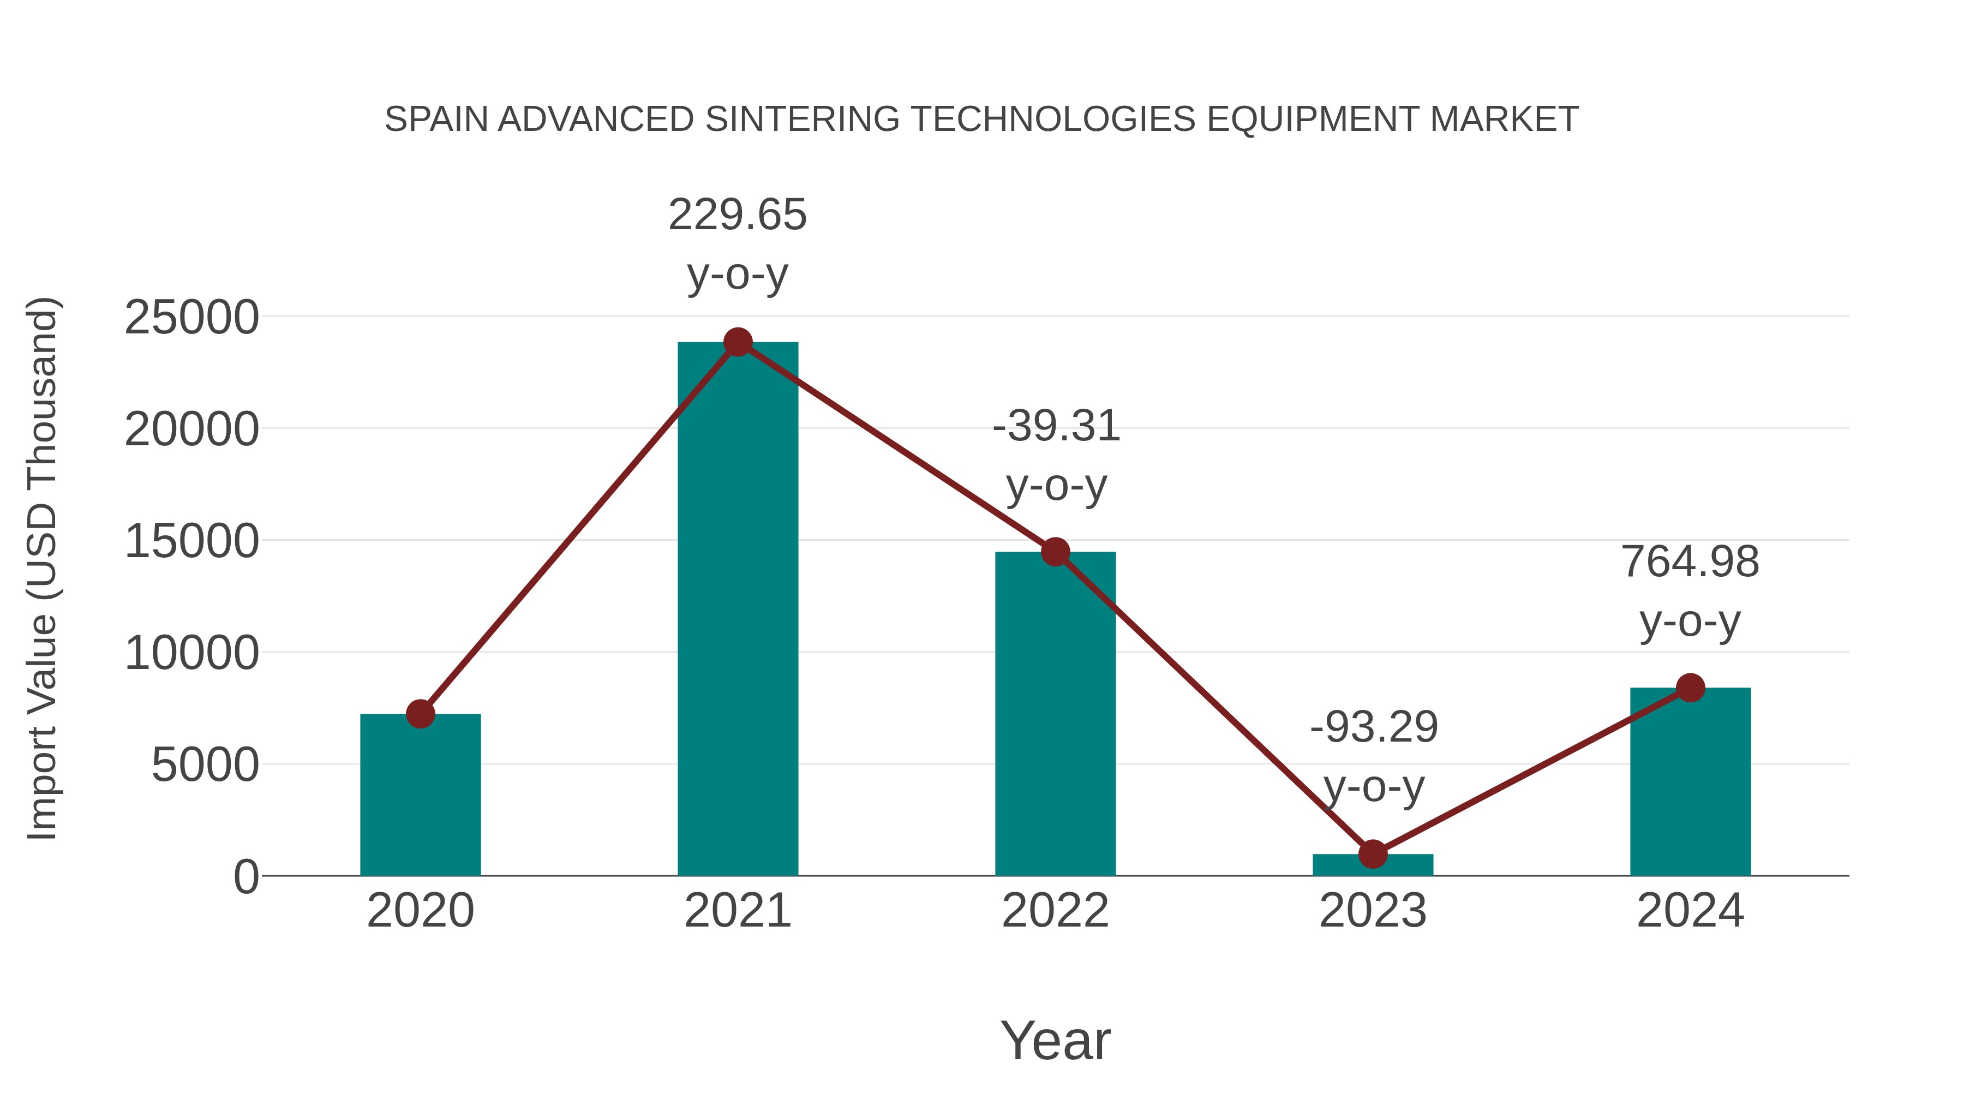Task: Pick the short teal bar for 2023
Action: [x=1373, y=865]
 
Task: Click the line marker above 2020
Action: [x=420, y=714]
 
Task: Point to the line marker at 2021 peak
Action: [x=737, y=342]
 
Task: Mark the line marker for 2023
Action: [x=1373, y=854]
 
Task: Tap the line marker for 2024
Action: [x=1690, y=688]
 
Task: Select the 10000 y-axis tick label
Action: [x=191, y=654]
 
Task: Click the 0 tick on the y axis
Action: [x=246, y=877]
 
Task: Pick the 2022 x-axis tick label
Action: [x=1055, y=911]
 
